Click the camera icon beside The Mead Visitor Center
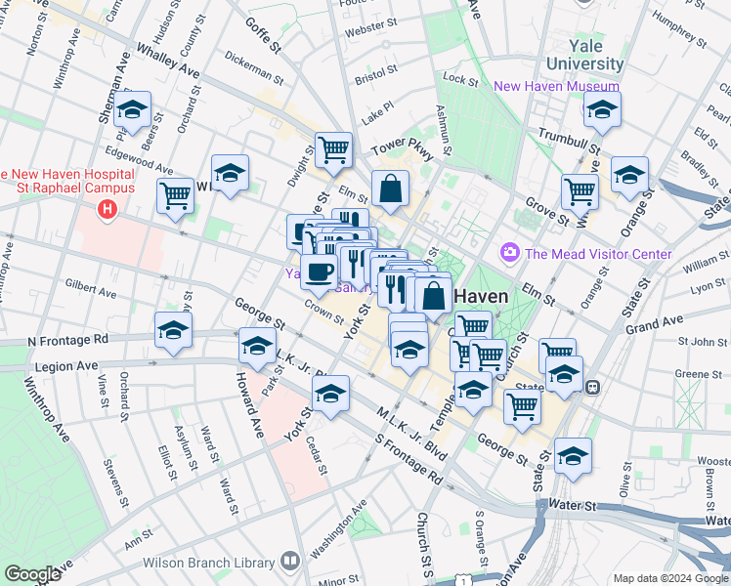point(508,254)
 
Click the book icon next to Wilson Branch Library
point(289,562)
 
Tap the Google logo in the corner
point(32,574)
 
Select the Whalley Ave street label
point(167,61)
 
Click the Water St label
point(573,506)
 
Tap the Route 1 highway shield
point(469,580)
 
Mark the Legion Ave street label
point(68,366)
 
